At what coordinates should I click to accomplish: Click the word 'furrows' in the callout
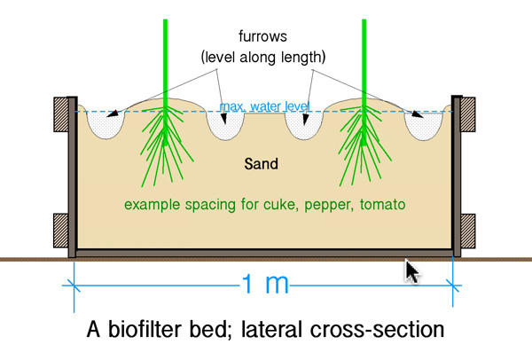point(262,36)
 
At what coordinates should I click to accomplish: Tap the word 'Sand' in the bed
point(261,164)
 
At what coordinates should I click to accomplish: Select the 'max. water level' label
point(264,106)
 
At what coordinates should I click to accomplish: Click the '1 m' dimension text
point(265,284)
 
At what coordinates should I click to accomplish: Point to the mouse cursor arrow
point(411,271)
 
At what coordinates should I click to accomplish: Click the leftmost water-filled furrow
point(106,124)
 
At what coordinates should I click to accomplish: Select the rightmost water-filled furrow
point(424,125)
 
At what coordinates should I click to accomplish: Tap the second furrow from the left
point(225,125)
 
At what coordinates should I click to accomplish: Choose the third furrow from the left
point(304,125)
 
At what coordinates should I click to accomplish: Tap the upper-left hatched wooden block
point(60,114)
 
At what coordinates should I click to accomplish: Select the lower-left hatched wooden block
point(60,231)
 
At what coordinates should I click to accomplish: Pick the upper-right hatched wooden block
point(468,114)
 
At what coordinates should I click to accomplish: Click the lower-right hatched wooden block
point(468,231)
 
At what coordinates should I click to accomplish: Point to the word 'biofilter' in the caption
point(144,329)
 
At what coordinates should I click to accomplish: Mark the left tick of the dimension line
point(74,286)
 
